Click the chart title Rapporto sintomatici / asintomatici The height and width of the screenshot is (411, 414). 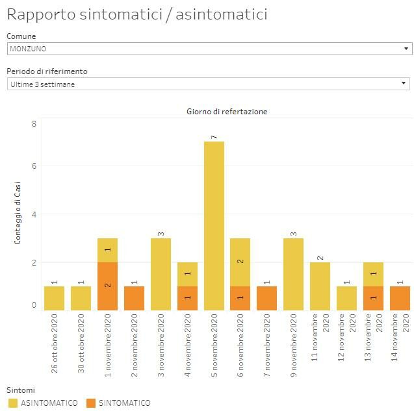click(x=136, y=14)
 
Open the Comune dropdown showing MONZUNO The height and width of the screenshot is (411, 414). click(x=209, y=49)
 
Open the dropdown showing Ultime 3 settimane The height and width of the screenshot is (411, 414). click(x=209, y=84)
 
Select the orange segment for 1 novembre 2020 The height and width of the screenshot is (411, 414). click(x=107, y=286)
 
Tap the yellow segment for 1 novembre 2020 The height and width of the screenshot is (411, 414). click(x=107, y=250)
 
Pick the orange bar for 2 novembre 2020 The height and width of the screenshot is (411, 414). click(x=134, y=298)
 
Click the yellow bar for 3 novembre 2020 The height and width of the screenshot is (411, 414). click(x=161, y=274)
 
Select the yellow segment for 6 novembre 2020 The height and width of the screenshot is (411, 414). click(x=240, y=262)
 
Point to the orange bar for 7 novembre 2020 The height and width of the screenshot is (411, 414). click(x=267, y=298)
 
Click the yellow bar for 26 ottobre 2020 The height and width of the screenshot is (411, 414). click(x=54, y=298)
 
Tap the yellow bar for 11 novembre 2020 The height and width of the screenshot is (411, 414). click(x=320, y=286)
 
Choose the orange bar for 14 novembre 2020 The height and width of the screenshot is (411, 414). click(x=400, y=298)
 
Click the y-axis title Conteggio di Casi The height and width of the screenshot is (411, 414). click(x=18, y=213)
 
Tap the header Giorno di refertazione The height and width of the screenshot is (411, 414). click(x=226, y=111)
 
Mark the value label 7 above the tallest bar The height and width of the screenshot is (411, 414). click(x=214, y=136)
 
